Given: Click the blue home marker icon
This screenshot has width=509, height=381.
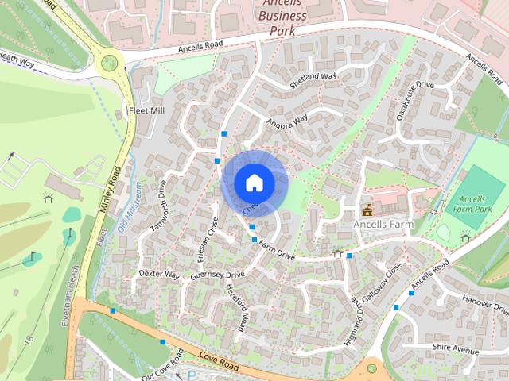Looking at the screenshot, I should [x=254, y=183].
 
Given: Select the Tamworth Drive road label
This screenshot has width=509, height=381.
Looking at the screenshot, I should [x=158, y=210].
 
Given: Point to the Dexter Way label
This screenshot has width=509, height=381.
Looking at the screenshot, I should [x=159, y=274].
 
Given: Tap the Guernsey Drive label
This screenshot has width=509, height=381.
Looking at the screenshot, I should [x=216, y=275].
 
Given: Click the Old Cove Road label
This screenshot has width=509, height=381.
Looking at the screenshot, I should [x=162, y=364].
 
